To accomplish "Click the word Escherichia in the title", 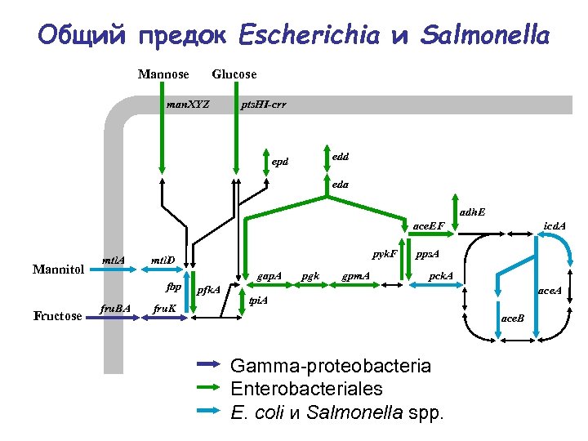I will coord(309,35).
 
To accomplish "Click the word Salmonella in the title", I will coord(485,35).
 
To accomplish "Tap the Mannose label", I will coord(163,74).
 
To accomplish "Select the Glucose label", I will coord(234,74).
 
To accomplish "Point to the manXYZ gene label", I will coord(188,105).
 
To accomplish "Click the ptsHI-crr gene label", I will coord(264,105).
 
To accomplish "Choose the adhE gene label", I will coord(472,212).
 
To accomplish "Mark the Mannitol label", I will coord(58,269).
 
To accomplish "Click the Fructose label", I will coord(57,316).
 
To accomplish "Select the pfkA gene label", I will coord(209,290).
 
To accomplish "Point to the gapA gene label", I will coord(269,276).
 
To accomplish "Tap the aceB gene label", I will coord(513,317).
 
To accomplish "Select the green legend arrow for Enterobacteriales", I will coord(209,387).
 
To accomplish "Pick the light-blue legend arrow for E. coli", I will coord(209,411).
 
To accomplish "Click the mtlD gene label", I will coord(163,261).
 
